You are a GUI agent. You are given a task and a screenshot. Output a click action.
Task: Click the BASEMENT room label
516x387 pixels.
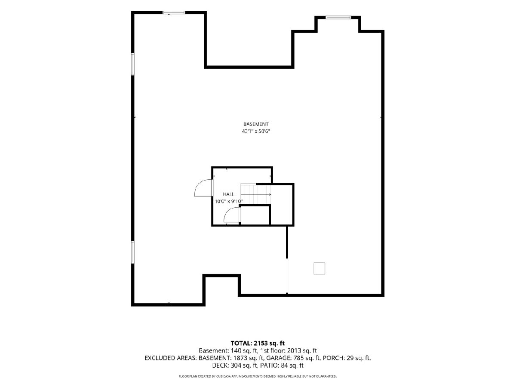(256, 124)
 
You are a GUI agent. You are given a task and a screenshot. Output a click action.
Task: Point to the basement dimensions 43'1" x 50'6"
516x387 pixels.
(256, 131)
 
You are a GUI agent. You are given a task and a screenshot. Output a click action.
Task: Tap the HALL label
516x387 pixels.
(228, 194)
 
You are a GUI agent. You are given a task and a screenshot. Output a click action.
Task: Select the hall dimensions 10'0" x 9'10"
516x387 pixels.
(228, 201)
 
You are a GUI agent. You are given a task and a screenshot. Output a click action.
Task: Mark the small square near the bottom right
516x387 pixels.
(319, 268)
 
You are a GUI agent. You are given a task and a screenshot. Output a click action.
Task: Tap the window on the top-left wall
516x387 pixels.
(174, 12)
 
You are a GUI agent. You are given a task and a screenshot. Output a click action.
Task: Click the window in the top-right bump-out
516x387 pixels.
(338, 17)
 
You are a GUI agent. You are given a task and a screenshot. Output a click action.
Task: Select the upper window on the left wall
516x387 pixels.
(133, 64)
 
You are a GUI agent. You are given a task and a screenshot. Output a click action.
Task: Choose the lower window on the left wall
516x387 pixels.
(133, 252)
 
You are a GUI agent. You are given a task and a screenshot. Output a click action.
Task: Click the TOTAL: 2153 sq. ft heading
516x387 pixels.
(258, 343)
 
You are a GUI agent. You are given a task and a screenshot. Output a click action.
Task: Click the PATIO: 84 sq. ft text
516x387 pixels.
(282, 365)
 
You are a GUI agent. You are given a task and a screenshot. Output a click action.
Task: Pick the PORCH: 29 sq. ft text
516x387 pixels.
(347, 358)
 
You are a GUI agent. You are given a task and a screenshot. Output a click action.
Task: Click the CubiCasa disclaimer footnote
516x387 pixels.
(258, 376)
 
